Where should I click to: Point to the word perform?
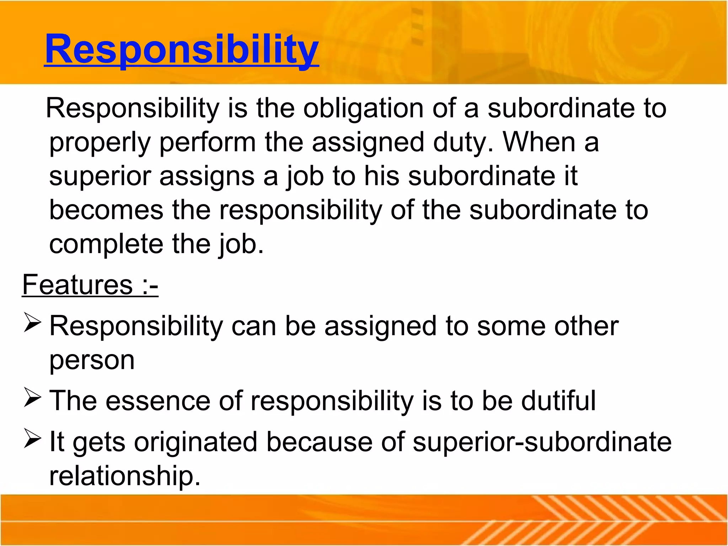click(x=208, y=142)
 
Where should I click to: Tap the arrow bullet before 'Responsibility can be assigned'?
click(x=32, y=322)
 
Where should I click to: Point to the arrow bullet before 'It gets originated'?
click(x=32, y=438)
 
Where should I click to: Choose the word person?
click(x=92, y=361)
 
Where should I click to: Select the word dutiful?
click(x=558, y=401)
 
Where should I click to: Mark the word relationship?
click(x=125, y=476)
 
